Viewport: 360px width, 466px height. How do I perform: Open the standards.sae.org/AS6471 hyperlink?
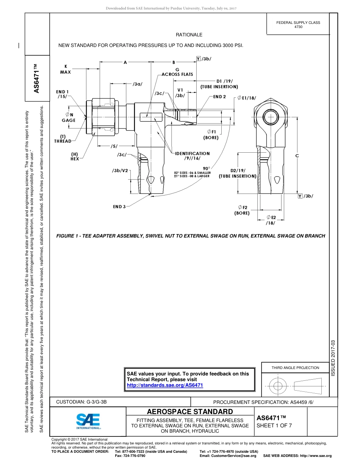click(x=165, y=385)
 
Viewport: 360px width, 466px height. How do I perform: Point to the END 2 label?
click(x=219, y=97)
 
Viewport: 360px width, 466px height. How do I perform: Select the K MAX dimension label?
click(x=65, y=69)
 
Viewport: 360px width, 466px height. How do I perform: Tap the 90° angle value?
click(x=206, y=168)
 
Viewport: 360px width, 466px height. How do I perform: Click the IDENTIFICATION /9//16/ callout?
click(x=192, y=156)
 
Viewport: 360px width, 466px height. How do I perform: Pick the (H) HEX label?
click(x=75, y=156)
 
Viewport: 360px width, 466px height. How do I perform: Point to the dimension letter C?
click(x=297, y=156)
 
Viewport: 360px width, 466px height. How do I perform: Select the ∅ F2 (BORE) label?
click(x=242, y=210)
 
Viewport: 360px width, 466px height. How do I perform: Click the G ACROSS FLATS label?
click(x=177, y=72)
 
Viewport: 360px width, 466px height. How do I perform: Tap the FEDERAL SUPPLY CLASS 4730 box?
click(x=298, y=25)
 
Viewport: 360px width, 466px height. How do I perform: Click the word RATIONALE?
click(x=189, y=35)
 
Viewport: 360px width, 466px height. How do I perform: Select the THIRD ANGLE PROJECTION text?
click(x=295, y=367)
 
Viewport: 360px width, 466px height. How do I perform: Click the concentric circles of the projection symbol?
click(x=278, y=386)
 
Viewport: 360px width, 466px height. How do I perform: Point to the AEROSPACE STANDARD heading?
click(x=190, y=411)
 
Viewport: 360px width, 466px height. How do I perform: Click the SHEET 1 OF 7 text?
click(x=274, y=425)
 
